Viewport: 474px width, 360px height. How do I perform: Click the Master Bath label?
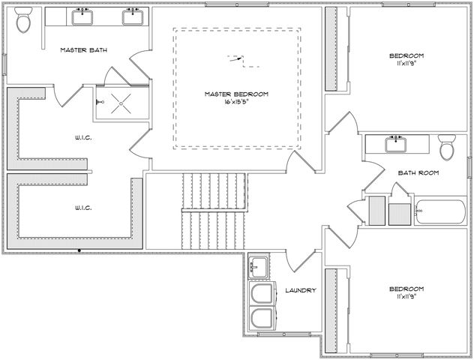pos(83,50)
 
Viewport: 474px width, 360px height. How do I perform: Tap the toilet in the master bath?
pos(24,22)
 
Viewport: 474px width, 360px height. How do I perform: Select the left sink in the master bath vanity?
pos(82,15)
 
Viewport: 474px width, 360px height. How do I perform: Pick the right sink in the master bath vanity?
pos(133,15)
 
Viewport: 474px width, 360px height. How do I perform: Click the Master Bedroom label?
pos(237,94)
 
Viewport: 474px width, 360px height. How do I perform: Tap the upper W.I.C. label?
pos(82,137)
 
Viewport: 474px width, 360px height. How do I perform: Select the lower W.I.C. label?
pos(82,207)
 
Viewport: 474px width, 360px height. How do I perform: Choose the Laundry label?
pos(300,290)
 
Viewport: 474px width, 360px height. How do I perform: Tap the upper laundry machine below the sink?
pos(263,294)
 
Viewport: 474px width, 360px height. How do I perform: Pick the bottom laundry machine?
pos(263,318)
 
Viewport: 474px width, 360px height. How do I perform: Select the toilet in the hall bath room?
pos(447,148)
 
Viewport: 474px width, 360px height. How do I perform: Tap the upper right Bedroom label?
pos(406,56)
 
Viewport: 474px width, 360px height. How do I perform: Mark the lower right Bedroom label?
pos(406,289)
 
